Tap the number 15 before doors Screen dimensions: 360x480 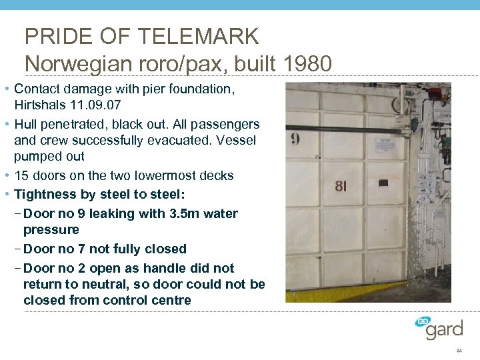[21, 176]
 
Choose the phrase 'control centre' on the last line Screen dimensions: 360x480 [149, 301]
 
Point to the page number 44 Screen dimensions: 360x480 [459, 351]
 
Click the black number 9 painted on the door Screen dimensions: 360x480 [295, 140]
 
